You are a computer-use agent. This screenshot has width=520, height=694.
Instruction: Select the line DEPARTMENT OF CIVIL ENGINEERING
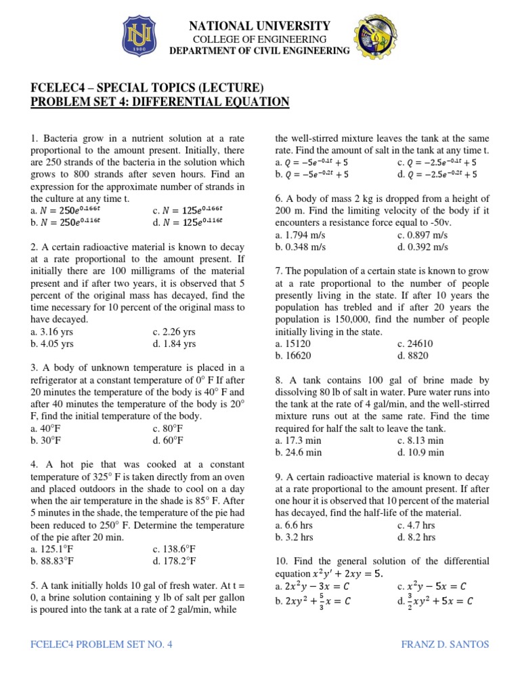pyautogui.click(x=259, y=51)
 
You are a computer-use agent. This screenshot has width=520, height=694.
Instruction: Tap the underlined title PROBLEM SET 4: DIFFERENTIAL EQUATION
pyautogui.click(x=160, y=102)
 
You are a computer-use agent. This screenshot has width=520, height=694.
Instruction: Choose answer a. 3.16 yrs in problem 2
pyautogui.click(x=52, y=331)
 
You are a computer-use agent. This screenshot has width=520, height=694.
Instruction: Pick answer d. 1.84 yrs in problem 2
pyautogui.click(x=174, y=344)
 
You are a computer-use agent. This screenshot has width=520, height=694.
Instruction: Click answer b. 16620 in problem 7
pyautogui.click(x=293, y=355)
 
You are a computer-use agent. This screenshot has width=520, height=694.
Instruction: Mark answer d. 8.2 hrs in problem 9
pyautogui.click(x=416, y=537)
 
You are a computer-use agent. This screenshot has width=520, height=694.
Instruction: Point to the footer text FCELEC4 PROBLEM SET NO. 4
pyautogui.click(x=102, y=644)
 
